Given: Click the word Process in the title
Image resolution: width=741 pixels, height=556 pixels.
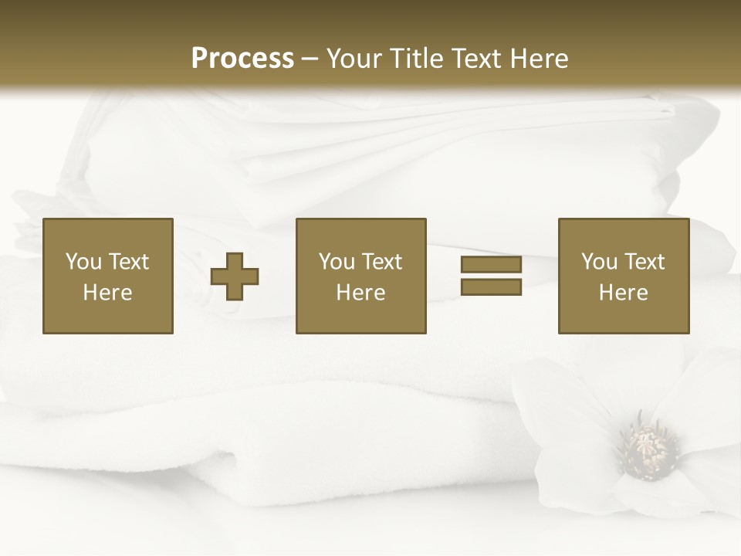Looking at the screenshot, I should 242,59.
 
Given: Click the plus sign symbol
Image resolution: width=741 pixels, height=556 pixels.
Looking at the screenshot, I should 235,276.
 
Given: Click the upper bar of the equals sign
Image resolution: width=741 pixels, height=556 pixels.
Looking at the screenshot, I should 491,265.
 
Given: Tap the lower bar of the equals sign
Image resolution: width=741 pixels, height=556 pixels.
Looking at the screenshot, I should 491,287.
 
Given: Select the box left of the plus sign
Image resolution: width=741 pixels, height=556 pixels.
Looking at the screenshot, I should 108,276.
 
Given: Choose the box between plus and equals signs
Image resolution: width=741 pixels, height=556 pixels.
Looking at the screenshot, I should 360,276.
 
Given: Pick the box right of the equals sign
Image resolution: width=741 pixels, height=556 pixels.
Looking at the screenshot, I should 623,276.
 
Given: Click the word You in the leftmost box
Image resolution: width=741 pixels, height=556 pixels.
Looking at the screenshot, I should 83,262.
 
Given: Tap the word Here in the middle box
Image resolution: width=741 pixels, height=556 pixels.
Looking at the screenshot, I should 360,293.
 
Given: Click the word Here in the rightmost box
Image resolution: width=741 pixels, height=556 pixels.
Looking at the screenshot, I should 623,293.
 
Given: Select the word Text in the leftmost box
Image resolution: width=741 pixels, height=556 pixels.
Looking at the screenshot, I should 128,262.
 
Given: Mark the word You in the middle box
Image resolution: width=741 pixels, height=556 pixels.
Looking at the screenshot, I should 337,262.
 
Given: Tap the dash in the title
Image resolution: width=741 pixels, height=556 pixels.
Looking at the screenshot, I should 310,59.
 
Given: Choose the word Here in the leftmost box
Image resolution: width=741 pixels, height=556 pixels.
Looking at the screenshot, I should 108,293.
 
